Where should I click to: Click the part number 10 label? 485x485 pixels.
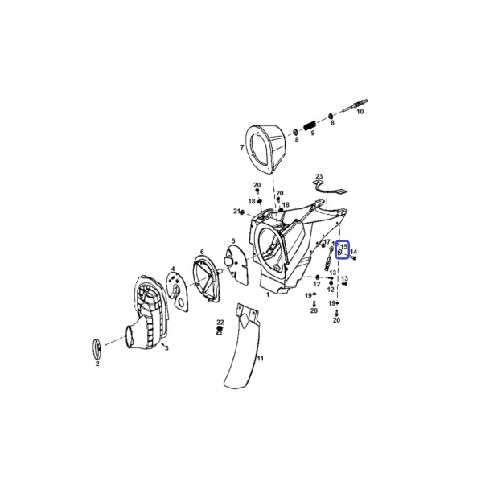click(360, 111)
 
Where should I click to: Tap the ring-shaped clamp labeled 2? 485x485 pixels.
click(97, 348)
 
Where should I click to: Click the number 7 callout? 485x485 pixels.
click(242, 147)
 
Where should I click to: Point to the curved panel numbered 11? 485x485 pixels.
click(243, 345)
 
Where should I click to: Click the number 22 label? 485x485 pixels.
click(220, 323)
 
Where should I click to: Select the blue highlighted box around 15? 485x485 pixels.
click(343, 249)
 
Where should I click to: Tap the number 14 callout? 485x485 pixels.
click(354, 252)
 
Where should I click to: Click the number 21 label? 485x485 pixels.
click(236, 211)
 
